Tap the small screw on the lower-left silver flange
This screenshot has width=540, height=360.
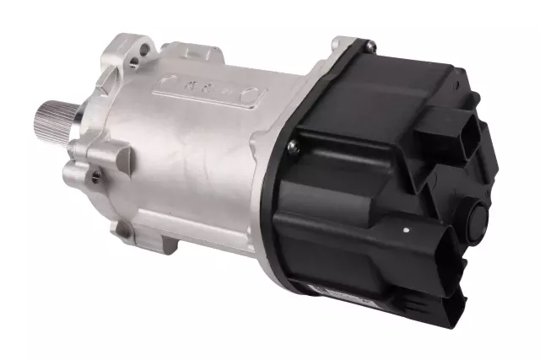(95, 175)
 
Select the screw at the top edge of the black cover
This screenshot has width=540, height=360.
(370, 43)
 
